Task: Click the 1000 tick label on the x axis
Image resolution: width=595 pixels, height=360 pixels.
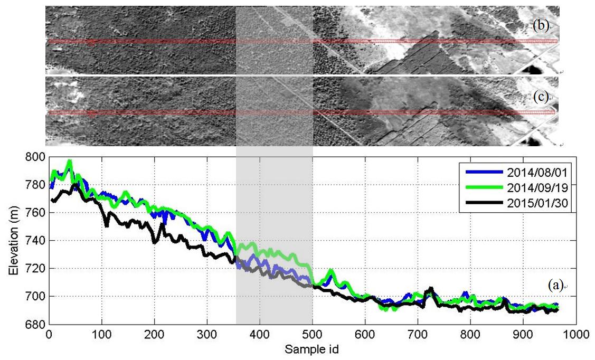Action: (x=575, y=334)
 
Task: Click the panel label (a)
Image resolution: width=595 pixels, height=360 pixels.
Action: (x=555, y=286)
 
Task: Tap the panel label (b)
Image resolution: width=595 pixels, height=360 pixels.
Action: (x=541, y=26)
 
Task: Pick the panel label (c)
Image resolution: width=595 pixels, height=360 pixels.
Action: (x=541, y=97)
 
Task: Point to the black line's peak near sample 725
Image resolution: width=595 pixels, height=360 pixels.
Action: (x=431, y=288)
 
